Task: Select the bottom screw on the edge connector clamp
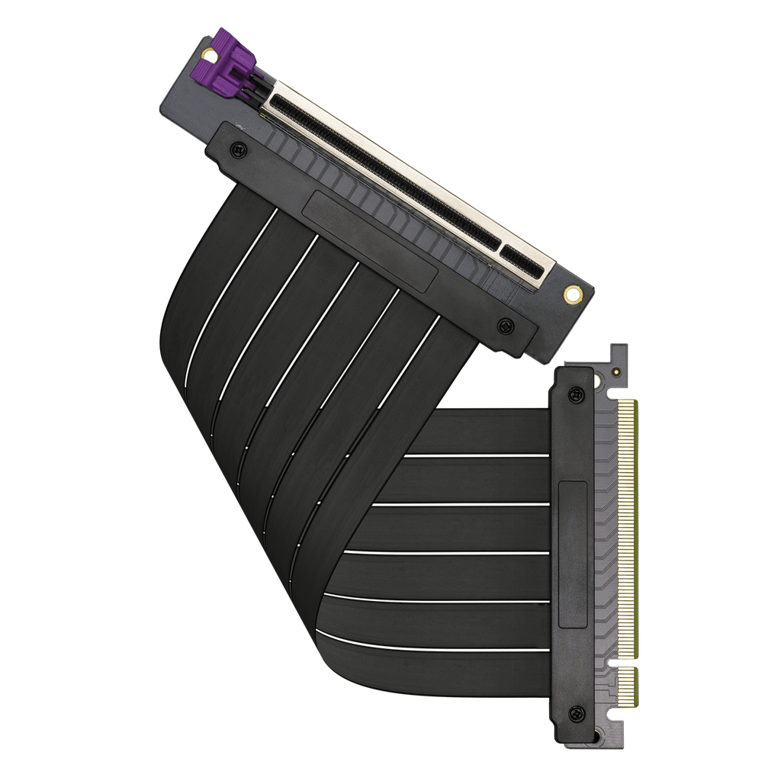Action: click(x=577, y=713)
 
